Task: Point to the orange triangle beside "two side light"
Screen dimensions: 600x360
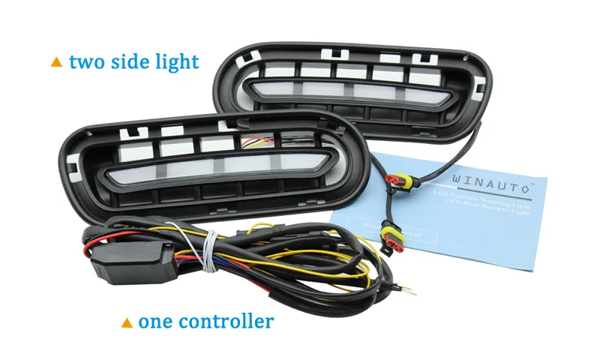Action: [x=56, y=62]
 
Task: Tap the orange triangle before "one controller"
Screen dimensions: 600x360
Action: [x=127, y=323]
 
